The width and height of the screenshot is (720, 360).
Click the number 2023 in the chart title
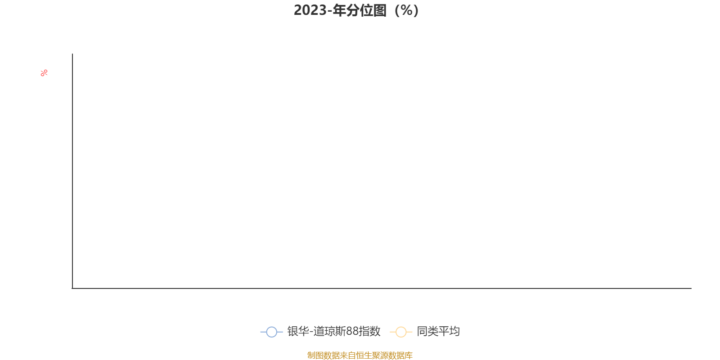pyautogui.click(x=310, y=10)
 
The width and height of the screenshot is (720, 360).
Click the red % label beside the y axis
pyautogui.click(x=44, y=73)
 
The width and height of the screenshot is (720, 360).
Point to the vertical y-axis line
pyautogui.click(x=72, y=171)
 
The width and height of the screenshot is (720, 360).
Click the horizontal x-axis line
pyautogui.click(x=382, y=288)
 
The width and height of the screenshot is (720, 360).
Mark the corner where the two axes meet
pyautogui.click(x=72, y=288)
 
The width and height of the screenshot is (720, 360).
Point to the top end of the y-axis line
pyautogui.click(x=72, y=54)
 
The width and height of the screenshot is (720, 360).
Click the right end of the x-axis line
pyautogui.click(x=691, y=288)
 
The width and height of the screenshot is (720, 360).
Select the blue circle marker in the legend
pyautogui.click(x=272, y=332)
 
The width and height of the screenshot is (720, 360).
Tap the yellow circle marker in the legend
pyautogui.click(x=401, y=332)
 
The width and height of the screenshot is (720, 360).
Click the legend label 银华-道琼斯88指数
pyautogui.click(x=334, y=331)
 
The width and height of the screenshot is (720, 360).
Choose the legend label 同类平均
pyautogui.click(x=438, y=331)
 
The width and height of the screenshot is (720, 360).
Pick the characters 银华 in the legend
pyautogui.click(x=298, y=331)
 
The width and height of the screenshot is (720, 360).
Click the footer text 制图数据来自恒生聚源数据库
pyautogui.click(x=360, y=355)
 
